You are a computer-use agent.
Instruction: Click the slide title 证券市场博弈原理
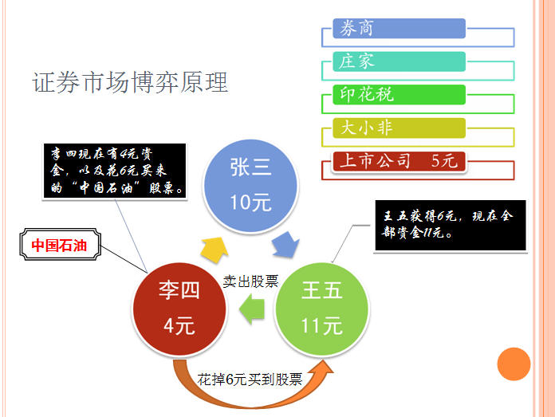(x=130, y=82)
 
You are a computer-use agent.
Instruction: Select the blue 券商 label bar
(x=399, y=29)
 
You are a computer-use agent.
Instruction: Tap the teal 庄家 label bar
(x=399, y=61)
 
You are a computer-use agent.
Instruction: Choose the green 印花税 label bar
(x=399, y=95)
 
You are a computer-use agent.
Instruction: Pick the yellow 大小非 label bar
(x=399, y=128)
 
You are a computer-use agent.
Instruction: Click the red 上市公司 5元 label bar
(x=399, y=161)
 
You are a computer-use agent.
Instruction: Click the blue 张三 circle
(x=250, y=186)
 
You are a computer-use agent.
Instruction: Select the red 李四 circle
(x=179, y=309)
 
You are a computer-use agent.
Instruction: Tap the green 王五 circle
(x=321, y=309)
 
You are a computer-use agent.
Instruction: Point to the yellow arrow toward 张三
(x=215, y=250)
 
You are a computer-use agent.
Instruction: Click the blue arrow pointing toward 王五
(x=286, y=245)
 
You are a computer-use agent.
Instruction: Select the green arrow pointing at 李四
(x=252, y=309)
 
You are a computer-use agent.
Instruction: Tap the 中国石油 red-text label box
(x=60, y=245)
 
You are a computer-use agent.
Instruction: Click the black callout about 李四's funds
(x=115, y=171)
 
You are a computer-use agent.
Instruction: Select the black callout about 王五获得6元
(x=451, y=226)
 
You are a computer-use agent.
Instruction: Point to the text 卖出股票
(x=250, y=281)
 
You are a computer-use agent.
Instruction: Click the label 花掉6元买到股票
(x=250, y=380)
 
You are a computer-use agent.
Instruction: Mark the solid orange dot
(x=514, y=364)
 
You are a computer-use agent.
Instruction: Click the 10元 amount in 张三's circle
(x=250, y=203)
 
